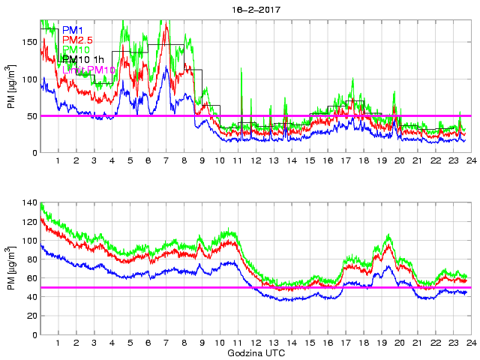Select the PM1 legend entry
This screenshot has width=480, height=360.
(x=72, y=30)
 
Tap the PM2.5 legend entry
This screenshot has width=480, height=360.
(x=77, y=40)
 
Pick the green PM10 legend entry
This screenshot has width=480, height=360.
(x=76, y=49)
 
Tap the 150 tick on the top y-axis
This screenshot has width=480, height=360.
(x=28, y=42)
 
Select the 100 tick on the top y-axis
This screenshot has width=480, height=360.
(x=28, y=79)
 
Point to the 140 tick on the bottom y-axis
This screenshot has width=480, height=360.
(x=28, y=203)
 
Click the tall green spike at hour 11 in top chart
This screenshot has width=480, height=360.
(x=241, y=70)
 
